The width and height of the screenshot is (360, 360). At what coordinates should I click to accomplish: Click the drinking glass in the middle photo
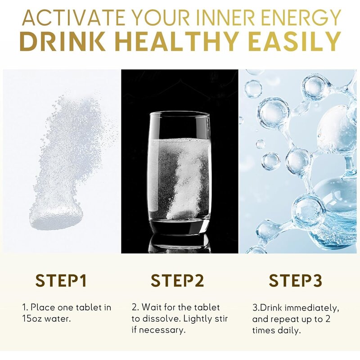pos(179,171)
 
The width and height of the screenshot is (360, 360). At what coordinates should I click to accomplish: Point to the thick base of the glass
pos(179,227)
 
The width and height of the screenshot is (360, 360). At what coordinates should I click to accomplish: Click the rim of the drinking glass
pos(179,113)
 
